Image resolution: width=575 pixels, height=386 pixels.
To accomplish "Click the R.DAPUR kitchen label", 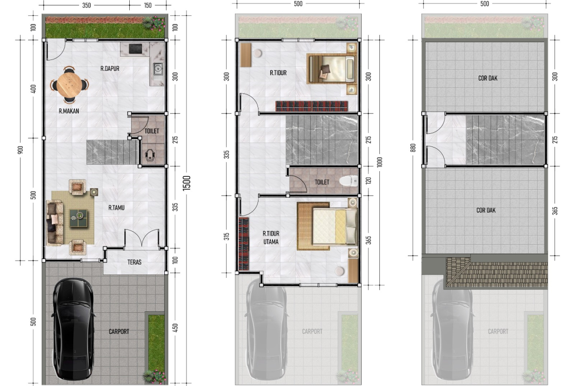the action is click(110, 68).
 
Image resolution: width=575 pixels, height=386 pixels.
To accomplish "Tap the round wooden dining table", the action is click(69, 85).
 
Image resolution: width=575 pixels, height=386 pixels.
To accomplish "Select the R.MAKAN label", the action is click(69, 111).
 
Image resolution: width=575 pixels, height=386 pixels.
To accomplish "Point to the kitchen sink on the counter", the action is click(158, 69).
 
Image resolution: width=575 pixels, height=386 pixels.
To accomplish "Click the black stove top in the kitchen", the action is click(135, 49).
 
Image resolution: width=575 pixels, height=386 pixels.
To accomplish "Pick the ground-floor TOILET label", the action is click(152, 131).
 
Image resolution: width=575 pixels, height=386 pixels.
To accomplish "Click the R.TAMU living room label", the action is click(116, 208).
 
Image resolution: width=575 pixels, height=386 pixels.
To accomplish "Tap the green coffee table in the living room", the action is click(78, 218).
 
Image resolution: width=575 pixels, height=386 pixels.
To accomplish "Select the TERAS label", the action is click(134, 262).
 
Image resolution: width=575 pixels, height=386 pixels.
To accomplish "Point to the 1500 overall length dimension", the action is click(187, 183).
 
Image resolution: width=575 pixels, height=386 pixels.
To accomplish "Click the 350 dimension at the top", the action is click(86, 5).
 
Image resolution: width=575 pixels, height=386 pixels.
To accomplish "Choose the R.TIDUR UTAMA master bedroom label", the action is click(271, 238).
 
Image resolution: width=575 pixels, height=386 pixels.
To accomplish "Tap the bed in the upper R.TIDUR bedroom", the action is click(332, 69).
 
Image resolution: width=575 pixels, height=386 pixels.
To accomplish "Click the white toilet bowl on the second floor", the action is click(348, 180).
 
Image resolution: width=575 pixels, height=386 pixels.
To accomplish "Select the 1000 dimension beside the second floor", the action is click(379, 162).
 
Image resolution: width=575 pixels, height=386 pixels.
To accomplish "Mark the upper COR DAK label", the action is click(488, 78).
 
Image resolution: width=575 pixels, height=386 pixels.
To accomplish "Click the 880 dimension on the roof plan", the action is click(413, 148).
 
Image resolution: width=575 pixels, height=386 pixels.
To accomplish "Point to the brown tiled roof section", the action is click(496, 272).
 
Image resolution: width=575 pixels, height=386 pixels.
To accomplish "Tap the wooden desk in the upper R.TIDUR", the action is click(246, 55).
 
